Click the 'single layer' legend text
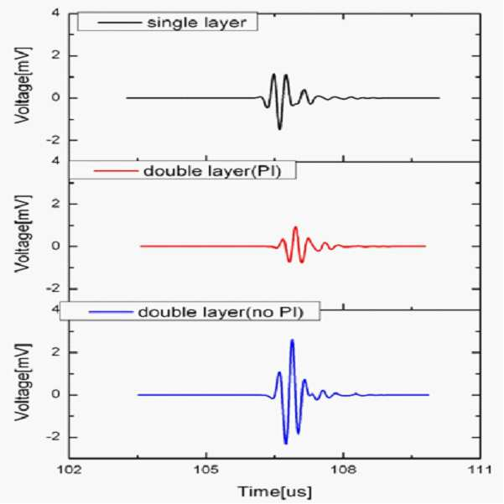click(197, 23)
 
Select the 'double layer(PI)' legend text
click(212, 171)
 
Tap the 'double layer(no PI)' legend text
click(221, 312)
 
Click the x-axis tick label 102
click(69, 470)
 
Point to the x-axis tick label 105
click(206, 470)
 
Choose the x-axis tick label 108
click(344, 470)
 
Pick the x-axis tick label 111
click(480, 470)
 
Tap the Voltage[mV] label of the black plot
click(23, 86)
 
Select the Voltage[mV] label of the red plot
click(23, 234)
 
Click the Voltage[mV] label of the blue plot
click(23, 382)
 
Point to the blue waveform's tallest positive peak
click(292, 340)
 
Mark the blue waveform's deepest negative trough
click(286, 444)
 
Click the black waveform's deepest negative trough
click(279, 128)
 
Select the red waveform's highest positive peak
click(295, 227)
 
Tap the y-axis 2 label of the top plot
click(56, 55)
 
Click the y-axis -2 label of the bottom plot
click(53, 437)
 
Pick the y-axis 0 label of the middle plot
click(56, 247)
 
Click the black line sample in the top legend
click(120, 23)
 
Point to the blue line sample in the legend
click(111, 312)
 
